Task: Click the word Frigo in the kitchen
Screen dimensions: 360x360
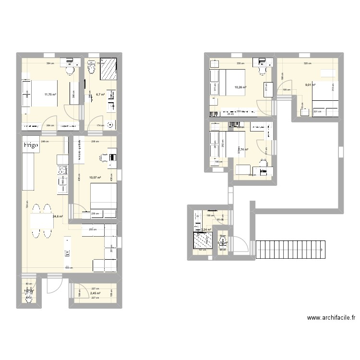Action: pos(30,145)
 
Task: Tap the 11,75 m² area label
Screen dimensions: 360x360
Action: pos(50,95)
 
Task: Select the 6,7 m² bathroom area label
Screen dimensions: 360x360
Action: pos(100,95)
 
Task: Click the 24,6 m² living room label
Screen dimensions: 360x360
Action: pos(58,216)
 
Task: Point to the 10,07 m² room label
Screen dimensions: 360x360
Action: pos(95,178)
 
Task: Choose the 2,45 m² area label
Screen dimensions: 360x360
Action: pos(95,293)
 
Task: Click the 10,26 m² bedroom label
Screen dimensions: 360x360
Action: pos(240,87)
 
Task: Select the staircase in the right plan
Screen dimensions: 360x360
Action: pos(288,249)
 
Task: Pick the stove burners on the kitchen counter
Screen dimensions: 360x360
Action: pos(62,170)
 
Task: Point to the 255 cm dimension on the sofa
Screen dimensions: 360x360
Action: pos(87,229)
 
